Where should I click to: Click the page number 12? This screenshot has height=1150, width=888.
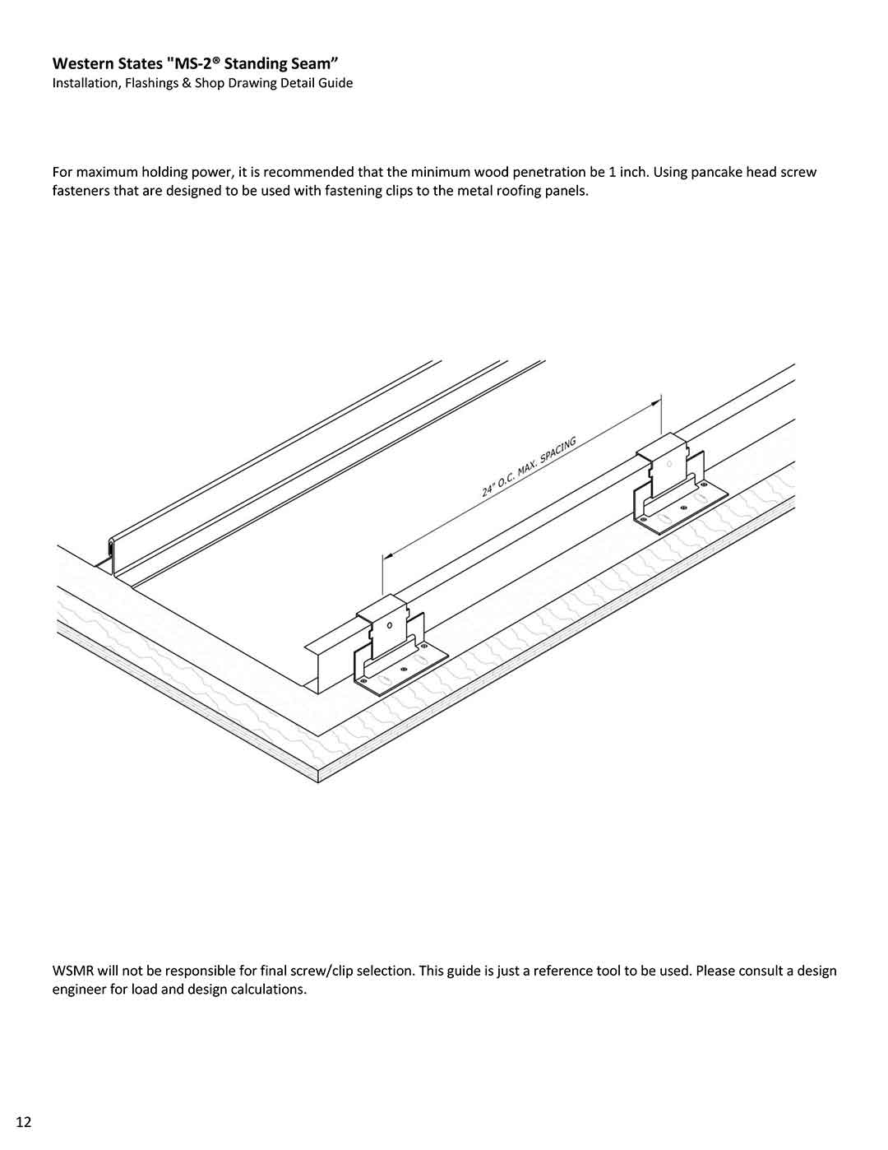(x=23, y=1122)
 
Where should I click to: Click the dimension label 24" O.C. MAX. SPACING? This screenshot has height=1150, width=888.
(x=528, y=468)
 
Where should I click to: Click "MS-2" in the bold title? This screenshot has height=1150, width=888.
(x=200, y=63)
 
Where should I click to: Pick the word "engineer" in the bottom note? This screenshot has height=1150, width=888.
(x=79, y=989)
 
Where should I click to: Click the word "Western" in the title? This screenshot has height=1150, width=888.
(x=81, y=63)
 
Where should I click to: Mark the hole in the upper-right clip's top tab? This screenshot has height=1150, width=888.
(x=668, y=464)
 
